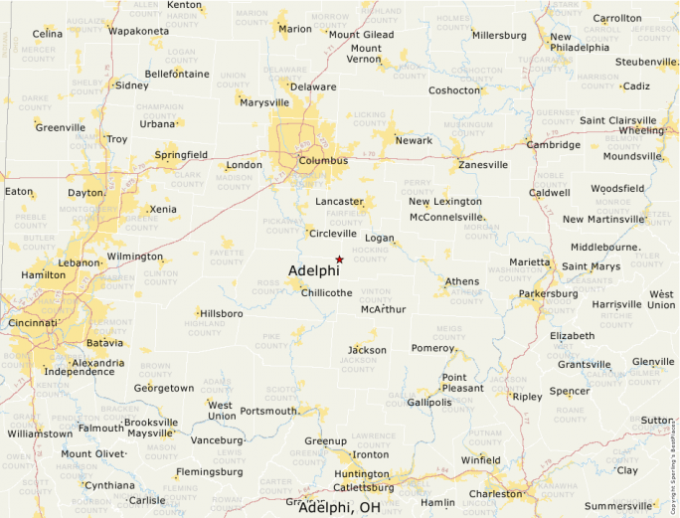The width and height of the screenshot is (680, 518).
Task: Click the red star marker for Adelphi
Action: [x=339, y=259]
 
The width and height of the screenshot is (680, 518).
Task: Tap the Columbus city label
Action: [x=322, y=160]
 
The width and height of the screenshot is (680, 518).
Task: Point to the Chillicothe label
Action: [x=326, y=292]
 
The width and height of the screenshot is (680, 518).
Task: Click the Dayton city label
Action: [x=85, y=193]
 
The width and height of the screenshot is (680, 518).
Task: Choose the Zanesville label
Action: [x=482, y=165]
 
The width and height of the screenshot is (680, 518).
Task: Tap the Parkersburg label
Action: [x=548, y=294]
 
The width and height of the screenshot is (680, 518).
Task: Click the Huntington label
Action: [x=361, y=474]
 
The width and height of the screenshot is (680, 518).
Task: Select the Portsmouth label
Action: [x=268, y=411]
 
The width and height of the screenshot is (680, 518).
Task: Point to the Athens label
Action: [x=461, y=281]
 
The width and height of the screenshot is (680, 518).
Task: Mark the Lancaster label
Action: [x=339, y=201]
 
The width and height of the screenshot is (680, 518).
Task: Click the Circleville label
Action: [x=332, y=234]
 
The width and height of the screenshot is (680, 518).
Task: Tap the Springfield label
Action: [x=181, y=155]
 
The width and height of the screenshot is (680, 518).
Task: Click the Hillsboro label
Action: [x=220, y=313]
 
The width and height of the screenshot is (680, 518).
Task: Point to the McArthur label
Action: [x=383, y=309]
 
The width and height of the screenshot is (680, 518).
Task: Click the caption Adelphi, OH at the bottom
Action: [x=339, y=507]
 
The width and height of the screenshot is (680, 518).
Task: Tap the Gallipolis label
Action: [x=430, y=402]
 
